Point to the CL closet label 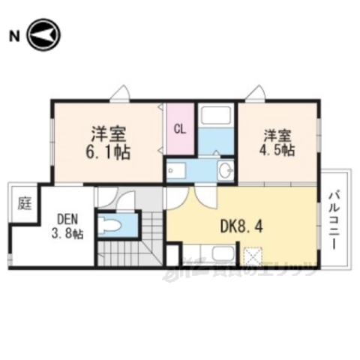pos(180,128)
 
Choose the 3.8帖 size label pos(67,234)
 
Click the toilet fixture pos(115,226)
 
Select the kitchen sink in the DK pos(222,253)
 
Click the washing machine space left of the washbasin pos(178,171)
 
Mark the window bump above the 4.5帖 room pos(256,94)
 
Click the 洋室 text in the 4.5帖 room pos(277,136)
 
